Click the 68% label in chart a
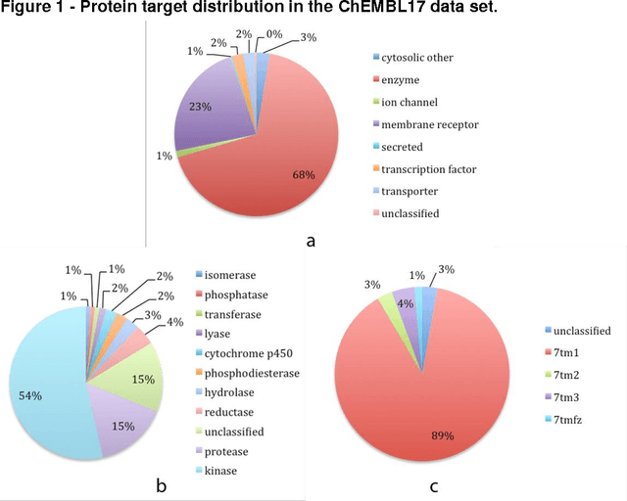pos(304,175)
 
